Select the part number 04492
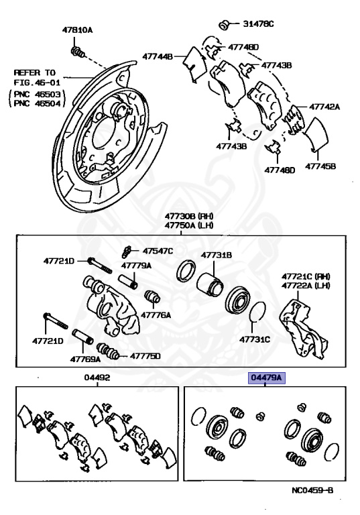tap(97, 378)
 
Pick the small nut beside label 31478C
tap(227, 25)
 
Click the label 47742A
tap(324, 107)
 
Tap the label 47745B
tap(321, 166)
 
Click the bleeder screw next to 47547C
tap(127, 253)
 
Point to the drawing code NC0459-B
tap(312, 490)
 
